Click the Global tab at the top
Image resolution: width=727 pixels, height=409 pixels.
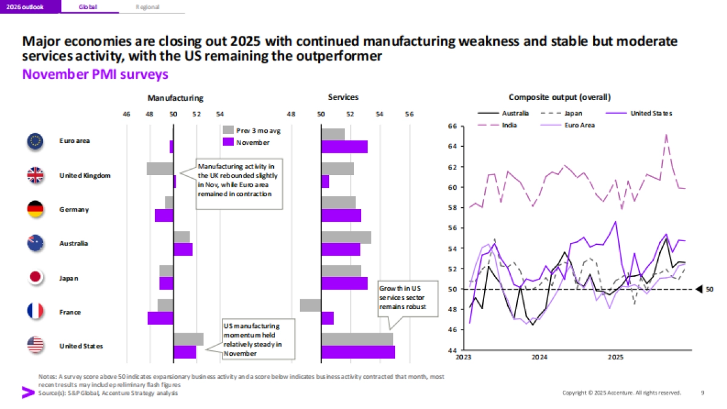[x=88, y=7]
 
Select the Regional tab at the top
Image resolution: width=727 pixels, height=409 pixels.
[x=148, y=7]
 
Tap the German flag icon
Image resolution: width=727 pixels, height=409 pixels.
[x=35, y=210]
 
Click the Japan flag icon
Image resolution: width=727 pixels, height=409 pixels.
[x=35, y=278]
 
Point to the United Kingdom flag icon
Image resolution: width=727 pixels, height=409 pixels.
[x=35, y=176]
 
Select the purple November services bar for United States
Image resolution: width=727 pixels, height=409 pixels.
[x=358, y=352]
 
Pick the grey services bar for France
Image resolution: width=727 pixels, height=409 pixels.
[x=310, y=305]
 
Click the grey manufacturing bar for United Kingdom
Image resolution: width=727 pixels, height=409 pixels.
[x=160, y=168]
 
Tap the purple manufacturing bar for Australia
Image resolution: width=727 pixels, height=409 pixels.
[x=183, y=249]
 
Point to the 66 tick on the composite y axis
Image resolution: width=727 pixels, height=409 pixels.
[x=452, y=126]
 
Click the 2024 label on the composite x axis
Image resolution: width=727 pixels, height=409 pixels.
[x=539, y=357]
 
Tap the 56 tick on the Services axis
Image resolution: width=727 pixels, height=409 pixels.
[x=409, y=114]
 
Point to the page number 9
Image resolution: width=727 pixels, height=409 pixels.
[x=702, y=393]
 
